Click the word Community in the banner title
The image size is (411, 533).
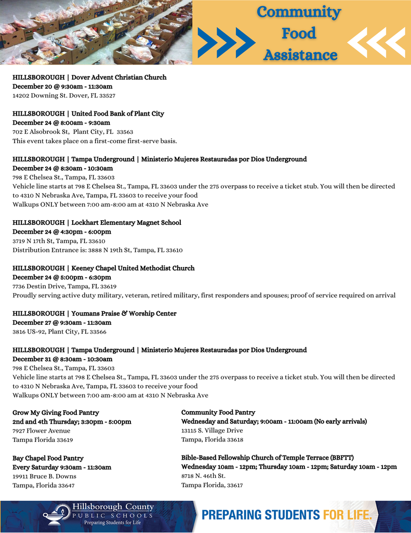(299, 11)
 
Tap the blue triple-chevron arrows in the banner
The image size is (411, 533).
(226, 43)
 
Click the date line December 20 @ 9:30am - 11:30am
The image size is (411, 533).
(62, 86)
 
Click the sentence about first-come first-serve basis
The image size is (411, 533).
(95, 141)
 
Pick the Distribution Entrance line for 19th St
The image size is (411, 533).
(97, 250)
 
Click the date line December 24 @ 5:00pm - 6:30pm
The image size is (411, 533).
(62, 277)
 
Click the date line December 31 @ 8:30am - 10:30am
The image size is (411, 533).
(62, 359)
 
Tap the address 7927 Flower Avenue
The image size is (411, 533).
(41, 431)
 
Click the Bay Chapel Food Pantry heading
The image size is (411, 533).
(48, 458)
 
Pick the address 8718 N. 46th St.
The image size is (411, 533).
(203, 476)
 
